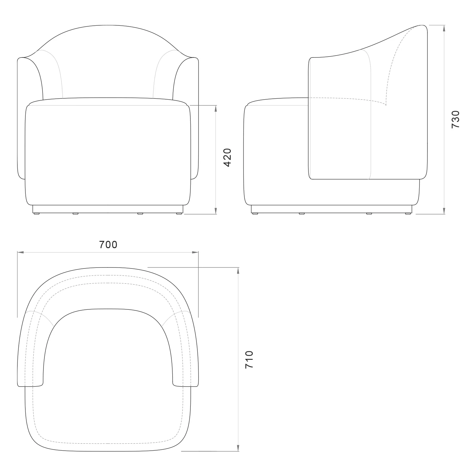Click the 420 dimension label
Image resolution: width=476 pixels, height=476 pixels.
tap(228, 157)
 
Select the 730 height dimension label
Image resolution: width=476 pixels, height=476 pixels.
tap(455, 119)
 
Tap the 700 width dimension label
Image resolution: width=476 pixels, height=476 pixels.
tap(108, 245)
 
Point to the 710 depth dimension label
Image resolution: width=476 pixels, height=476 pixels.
tap(249, 359)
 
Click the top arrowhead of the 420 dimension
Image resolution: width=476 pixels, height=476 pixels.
tap(216, 109)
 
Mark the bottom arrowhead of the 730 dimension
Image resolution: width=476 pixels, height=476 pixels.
tap(444, 211)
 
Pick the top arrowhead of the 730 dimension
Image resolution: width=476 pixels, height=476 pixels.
tap(444, 28)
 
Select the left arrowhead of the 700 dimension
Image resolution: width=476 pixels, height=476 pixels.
tap(21, 252)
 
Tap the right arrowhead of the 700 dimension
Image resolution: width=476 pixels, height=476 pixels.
tap(195, 252)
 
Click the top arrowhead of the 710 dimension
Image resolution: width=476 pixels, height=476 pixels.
tap(238, 271)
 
